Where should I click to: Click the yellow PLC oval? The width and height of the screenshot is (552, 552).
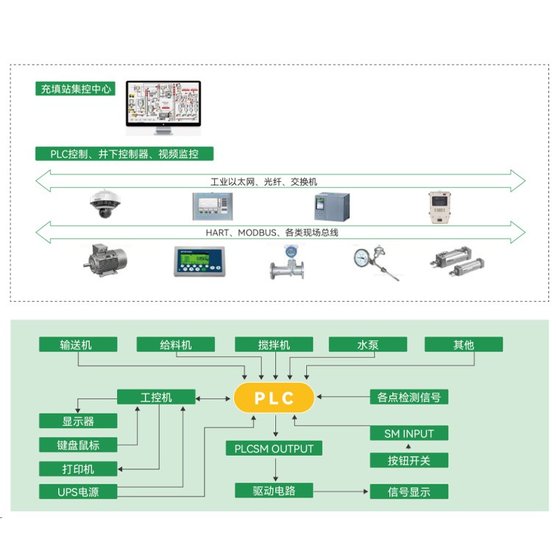coord(274,398)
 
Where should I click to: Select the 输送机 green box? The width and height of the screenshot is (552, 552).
coord(77,344)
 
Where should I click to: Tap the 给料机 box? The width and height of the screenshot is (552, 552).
coord(175,344)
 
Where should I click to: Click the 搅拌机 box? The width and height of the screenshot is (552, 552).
coord(274,344)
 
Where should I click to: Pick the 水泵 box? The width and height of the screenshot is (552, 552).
coord(367,344)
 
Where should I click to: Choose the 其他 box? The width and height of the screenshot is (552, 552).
coord(463,344)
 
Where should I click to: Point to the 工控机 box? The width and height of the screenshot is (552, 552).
coord(156,397)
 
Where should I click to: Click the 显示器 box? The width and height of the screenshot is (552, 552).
coord(77,421)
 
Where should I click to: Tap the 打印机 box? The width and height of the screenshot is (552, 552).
coord(77,469)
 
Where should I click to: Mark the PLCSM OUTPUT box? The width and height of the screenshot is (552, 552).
coord(274,448)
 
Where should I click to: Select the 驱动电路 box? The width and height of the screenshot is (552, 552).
coord(274,491)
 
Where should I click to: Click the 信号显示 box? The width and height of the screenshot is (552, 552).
coord(408,492)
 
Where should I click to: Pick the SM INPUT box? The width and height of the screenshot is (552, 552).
coord(408,434)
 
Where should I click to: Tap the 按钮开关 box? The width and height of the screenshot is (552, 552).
coord(408,461)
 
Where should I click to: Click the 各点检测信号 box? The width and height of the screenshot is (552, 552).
coord(408,397)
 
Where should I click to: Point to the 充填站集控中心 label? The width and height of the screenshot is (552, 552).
coord(75,89)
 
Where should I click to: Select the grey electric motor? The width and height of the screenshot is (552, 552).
coord(104,260)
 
